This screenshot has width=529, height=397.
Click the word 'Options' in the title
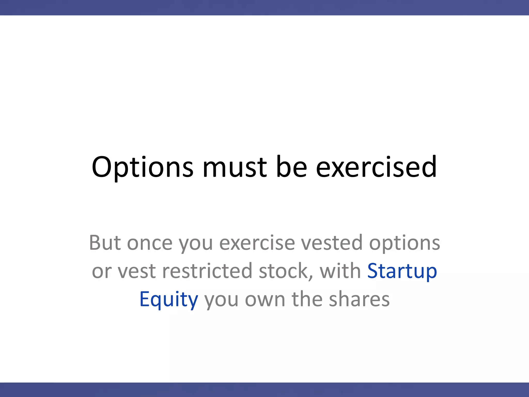point(142,167)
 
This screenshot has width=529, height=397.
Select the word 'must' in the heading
point(235,167)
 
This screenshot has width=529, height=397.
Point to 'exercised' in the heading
point(376,167)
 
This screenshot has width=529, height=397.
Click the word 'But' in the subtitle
point(105,243)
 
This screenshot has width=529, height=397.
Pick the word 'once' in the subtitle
point(150,243)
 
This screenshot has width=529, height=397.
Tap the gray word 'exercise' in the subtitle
point(257,243)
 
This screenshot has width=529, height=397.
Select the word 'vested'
point(332,243)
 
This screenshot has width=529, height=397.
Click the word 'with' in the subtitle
point(340,271)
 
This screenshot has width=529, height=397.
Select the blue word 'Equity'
point(169,299)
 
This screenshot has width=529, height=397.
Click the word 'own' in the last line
point(265,299)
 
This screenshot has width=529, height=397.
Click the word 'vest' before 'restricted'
point(137,271)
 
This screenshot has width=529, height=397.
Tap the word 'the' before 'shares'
point(307,299)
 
